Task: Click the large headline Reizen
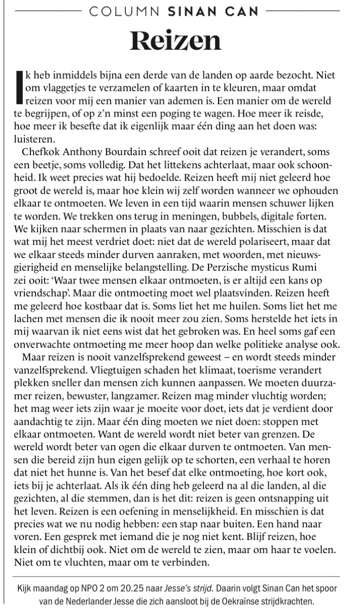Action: point(175,41)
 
